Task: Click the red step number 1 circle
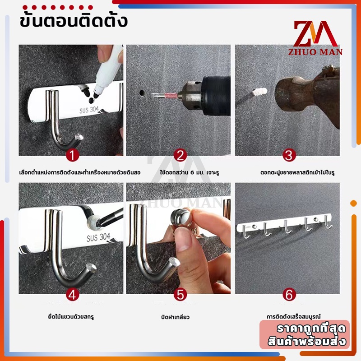click(72, 155)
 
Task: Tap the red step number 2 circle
click(180, 155)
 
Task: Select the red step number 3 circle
click(289, 155)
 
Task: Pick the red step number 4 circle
click(72, 295)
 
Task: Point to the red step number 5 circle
click(180, 295)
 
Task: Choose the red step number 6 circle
click(289, 295)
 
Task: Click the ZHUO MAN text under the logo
click(315, 52)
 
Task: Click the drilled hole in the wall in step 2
click(142, 93)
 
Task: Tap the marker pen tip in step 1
click(96, 94)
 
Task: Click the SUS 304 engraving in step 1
click(89, 110)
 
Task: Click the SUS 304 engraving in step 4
click(98, 237)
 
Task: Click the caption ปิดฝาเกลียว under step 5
click(175, 317)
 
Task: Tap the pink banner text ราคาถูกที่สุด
click(311, 329)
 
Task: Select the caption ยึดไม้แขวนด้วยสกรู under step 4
click(71, 317)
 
